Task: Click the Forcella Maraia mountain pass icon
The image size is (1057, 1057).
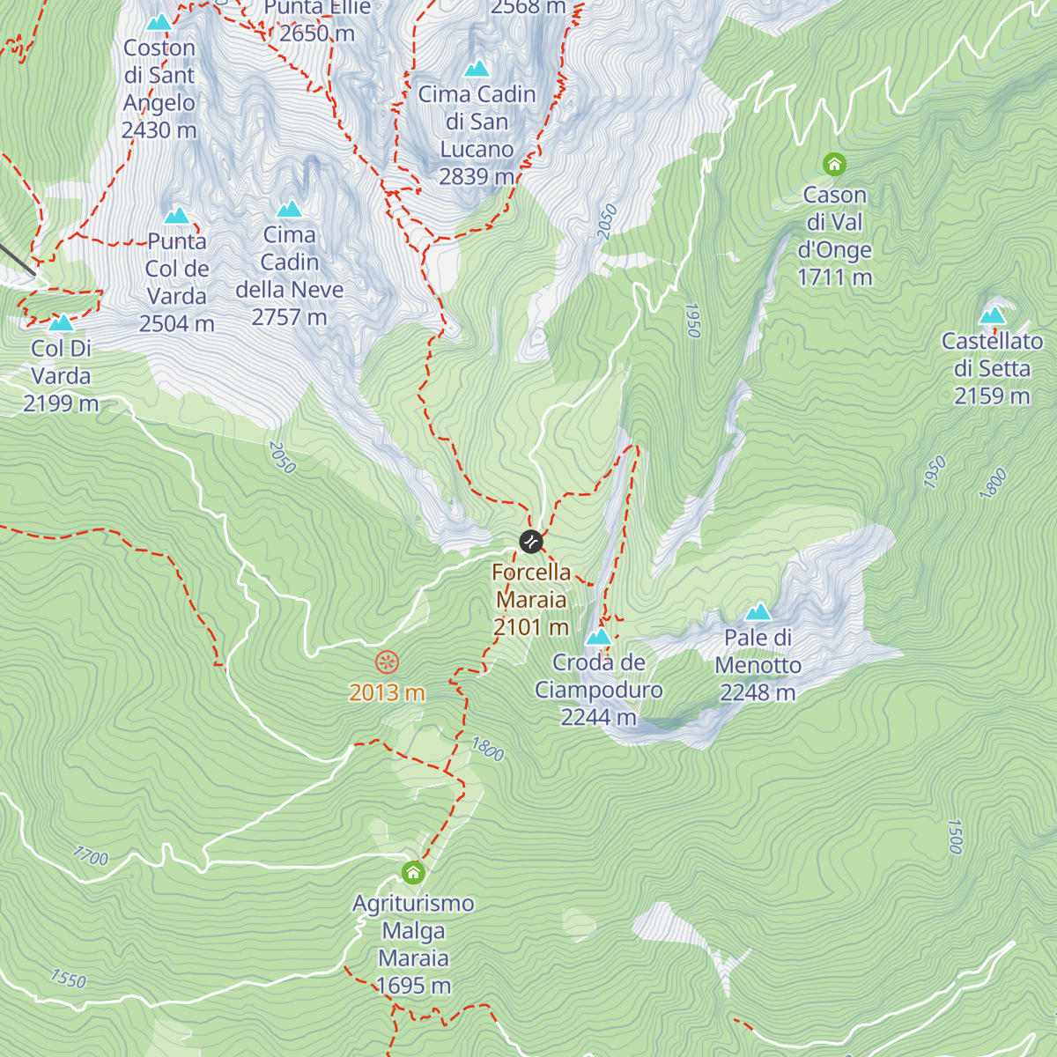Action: pyautogui.click(x=530, y=541)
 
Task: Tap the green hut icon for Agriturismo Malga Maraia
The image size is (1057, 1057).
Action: pyautogui.click(x=413, y=873)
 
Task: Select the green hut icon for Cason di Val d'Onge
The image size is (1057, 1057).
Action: pyautogui.click(x=834, y=164)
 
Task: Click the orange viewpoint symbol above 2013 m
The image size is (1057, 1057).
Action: pyautogui.click(x=387, y=662)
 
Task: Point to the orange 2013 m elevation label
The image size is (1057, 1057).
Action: pyautogui.click(x=387, y=693)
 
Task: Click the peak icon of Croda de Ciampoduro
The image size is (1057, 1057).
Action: pyautogui.click(x=598, y=636)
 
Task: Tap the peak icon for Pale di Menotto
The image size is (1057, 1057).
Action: pyautogui.click(x=758, y=612)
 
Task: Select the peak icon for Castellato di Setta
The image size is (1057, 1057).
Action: pyautogui.click(x=992, y=315)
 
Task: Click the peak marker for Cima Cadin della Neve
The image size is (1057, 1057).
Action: pyautogui.click(x=289, y=210)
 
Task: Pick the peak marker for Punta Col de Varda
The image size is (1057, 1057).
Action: pyautogui.click(x=177, y=216)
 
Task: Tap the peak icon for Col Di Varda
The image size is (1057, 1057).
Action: pyautogui.click(x=61, y=323)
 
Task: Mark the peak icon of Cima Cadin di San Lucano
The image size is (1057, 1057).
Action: pyautogui.click(x=477, y=69)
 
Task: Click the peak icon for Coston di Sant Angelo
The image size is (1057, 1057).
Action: pyautogui.click(x=159, y=23)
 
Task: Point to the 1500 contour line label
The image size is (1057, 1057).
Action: pyautogui.click(x=955, y=836)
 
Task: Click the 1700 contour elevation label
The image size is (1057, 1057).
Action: pyautogui.click(x=91, y=855)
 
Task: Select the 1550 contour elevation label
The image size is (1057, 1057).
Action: pyautogui.click(x=68, y=979)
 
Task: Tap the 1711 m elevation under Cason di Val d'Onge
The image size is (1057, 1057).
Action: pyautogui.click(x=834, y=277)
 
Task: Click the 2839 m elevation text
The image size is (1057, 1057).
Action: pyautogui.click(x=477, y=177)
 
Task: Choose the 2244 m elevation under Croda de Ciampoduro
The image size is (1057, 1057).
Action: pyautogui.click(x=598, y=718)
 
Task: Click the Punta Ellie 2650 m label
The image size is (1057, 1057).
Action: pyautogui.click(x=317, y=21)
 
